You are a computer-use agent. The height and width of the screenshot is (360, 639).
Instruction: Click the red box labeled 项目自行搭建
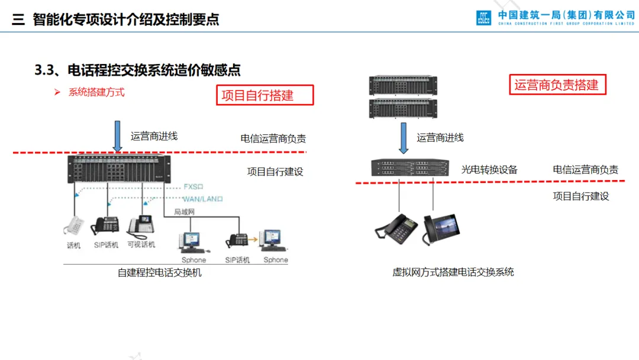tap(264, 95)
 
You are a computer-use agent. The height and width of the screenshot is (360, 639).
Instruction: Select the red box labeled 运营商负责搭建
tap(557, 85)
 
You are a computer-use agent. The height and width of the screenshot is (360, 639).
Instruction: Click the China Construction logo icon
tap(483, 18)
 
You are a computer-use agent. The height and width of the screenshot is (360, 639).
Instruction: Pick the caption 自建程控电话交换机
tap(160, 273)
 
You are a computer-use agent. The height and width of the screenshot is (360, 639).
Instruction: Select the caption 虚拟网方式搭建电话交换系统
tap(453, 272)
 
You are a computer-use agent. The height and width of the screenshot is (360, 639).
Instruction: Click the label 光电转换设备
tap(489, 170)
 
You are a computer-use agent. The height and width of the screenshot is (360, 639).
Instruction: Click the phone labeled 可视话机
tap(141, 226)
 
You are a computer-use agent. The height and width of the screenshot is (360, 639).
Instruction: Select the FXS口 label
tap(194, 187)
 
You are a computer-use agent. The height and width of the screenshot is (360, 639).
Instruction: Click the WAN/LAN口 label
tap(203, 200)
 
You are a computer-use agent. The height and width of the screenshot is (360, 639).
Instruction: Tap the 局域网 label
tap(184, 211)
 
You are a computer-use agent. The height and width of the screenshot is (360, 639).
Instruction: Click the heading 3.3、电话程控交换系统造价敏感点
tap(137, 70)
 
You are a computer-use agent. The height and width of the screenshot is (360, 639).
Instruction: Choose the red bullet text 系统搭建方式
tap(96, 92)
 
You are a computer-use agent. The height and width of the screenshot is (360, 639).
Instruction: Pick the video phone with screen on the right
tap(441, 228)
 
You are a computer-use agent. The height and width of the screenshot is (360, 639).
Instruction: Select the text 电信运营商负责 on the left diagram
tap(273, 139)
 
